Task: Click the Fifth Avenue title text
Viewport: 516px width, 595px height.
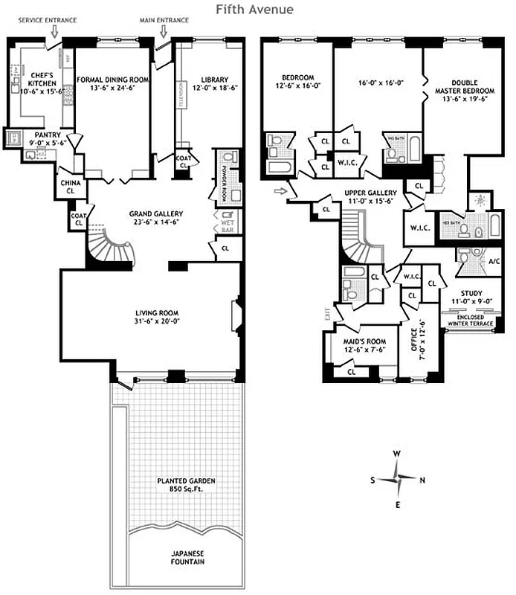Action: click(254, 10)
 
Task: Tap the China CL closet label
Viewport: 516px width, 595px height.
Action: click(70, 186)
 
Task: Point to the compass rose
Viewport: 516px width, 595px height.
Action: click(399, 479)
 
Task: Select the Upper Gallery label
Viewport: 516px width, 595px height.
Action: click(370, 193)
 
